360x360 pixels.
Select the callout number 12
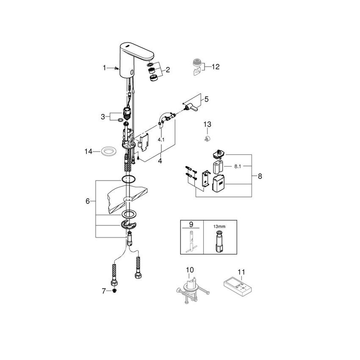(x=216, y=66)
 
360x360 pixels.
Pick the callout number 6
(x=88, y=201)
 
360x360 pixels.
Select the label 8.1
(x=238, y=167)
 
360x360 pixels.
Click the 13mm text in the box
(x=219, y=226)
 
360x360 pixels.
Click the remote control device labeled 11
(x=238, y=286)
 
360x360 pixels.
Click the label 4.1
(x=161, y=139)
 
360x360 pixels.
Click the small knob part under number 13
(x=207, y=138)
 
